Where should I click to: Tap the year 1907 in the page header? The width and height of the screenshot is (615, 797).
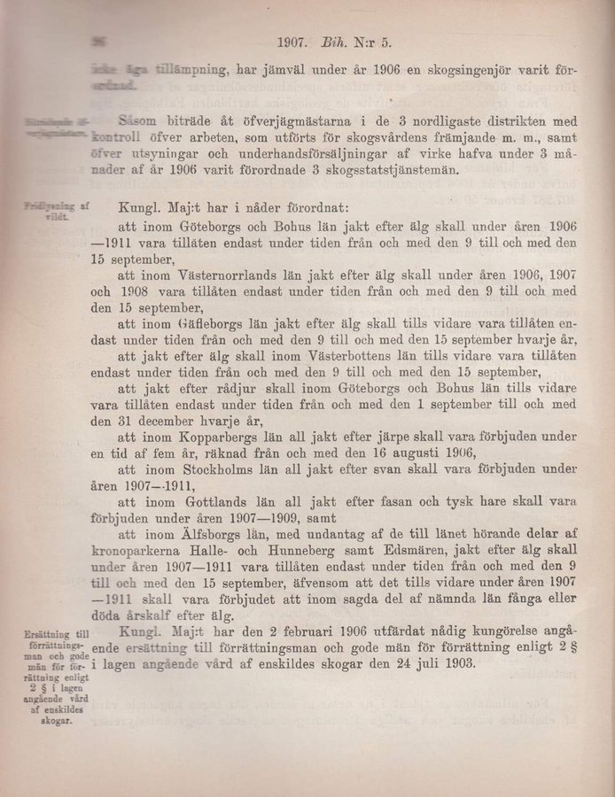click(x=294, y=41)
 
